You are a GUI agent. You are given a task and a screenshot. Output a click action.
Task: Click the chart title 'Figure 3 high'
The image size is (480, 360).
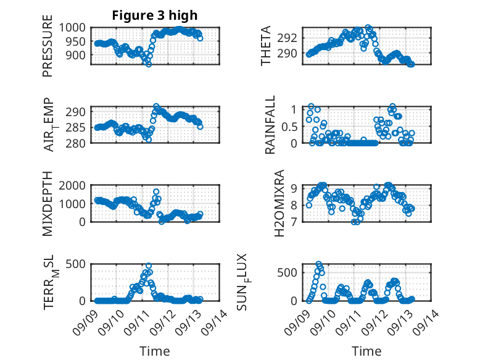coord(155,15)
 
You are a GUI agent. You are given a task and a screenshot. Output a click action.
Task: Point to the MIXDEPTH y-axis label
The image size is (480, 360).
coord(48,204)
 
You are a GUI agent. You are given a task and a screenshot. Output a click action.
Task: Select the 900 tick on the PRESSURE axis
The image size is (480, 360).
coord(78,55)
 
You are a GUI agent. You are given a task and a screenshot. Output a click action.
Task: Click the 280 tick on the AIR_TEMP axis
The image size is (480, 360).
coord(78,143)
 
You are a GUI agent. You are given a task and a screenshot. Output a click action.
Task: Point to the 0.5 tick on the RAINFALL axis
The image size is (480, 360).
coord(289,126)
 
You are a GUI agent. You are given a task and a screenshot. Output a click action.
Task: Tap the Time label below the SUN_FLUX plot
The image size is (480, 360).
coord(366,351)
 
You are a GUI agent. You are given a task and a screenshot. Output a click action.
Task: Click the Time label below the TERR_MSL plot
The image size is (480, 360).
coord(155,351)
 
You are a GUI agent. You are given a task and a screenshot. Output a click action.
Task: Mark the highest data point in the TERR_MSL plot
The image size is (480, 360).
coord(149,266)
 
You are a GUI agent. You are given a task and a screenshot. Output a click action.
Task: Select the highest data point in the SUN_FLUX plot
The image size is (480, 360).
coord(319,264)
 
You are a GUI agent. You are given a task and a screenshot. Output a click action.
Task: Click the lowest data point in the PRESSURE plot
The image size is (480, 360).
coord(148,64)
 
